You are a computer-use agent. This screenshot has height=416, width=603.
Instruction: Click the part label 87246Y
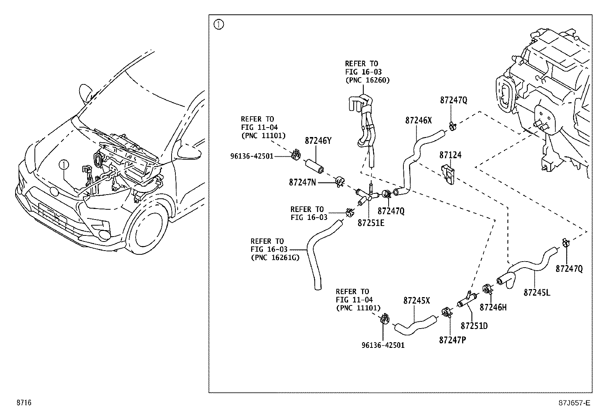coord(318,141)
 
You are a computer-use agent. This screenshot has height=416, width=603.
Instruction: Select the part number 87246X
coord(418,120)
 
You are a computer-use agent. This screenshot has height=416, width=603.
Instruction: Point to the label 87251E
coord(371,223)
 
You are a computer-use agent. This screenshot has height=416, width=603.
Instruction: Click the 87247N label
coord(302,182)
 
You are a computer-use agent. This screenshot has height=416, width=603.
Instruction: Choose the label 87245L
coord(537,293)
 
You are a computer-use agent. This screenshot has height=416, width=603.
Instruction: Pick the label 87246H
coord(493,307)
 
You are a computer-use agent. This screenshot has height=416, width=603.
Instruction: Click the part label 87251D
coord(474,326)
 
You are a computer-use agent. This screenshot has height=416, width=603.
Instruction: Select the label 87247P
coord(452,340)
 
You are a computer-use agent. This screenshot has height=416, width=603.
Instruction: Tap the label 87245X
coord(416,301)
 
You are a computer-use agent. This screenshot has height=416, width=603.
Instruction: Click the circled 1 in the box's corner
coord(219,25)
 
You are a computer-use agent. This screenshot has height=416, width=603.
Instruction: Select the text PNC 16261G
coord(275,258)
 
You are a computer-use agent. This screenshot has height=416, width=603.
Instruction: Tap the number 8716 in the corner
coord(23,403)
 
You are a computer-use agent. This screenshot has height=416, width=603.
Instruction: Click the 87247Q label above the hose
coord(453,100)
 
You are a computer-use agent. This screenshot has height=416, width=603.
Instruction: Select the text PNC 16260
coord(367,80)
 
